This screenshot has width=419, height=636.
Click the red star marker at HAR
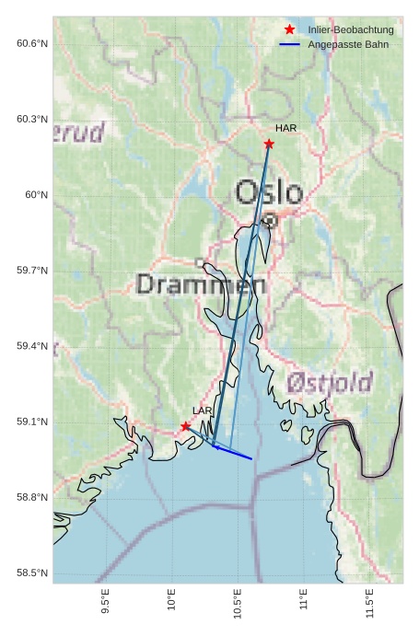[269, 144]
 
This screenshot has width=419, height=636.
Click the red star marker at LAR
[186, 426]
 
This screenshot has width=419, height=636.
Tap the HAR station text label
[285, 129]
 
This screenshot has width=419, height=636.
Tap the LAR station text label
[202, 411]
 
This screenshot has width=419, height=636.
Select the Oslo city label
[268, 192]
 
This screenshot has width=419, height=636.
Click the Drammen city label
[201, 284]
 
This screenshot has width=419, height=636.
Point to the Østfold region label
[328, 382]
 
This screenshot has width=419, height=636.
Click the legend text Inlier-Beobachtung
[351, 30]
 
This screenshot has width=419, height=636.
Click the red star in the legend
[290, 30]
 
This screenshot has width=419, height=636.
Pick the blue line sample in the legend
[290, 44]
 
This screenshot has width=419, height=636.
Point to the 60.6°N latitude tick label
[31, 43]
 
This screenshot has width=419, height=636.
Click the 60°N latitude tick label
[36, 194]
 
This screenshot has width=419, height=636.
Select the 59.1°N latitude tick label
[31, 422]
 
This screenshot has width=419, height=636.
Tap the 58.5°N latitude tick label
[31, 572]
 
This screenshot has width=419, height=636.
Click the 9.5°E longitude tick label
[106, 599]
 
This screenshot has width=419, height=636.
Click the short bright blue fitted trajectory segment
[233, 452]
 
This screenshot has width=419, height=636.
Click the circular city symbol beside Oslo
[270, 220]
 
